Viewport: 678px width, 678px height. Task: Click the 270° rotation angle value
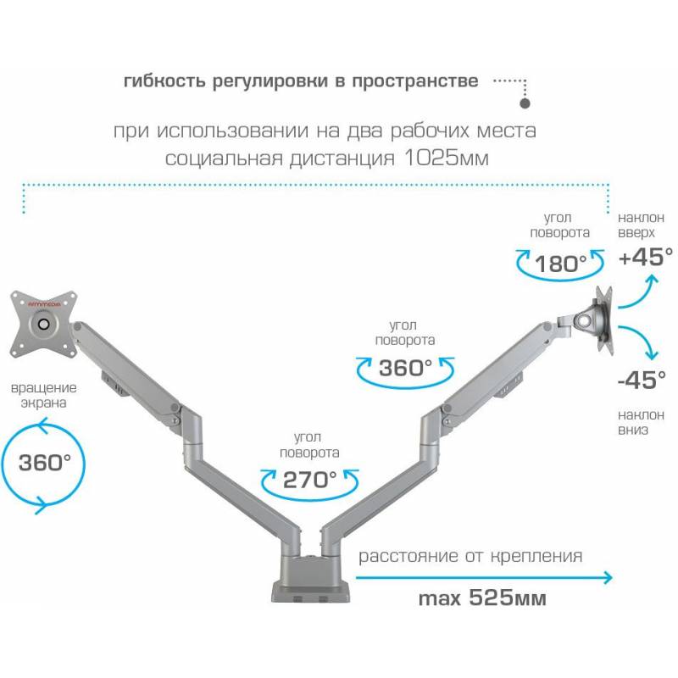pyautogui.click(x=309, y=480)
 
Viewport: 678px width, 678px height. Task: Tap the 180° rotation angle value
pyautogui.click(x=560, y=264)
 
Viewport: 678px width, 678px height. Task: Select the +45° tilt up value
pyautogui.click(x=646, y=257)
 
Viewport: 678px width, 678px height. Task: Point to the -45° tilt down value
pyautogui.click(x=642, y=380)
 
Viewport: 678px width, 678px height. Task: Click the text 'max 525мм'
pyautogui.click(x=482, y=598)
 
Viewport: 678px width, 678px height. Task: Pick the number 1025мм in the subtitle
pyautogui.click(x=447, y=158)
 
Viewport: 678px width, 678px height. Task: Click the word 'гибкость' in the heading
pyautogui.click(x=164, y=81)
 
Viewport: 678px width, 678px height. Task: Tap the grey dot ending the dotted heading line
pyautogui.click(x=525, y=103)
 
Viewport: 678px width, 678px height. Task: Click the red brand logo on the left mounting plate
pyautogui.click(x=44, y=304)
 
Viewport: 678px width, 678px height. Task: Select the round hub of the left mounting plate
pyautogui.click(x=44, y=324)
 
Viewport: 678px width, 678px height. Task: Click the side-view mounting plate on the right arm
pyautogui.click(x=604, y=320)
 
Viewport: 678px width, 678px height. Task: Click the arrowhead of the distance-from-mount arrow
pyautogui.click(x=609, y=577)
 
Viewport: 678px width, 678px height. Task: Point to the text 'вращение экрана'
pyautogui.click(x=44, y=395)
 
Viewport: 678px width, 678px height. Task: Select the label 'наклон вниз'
pyautogui.click(x=641, y=422)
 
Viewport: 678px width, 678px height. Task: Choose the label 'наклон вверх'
pyautogui.click(x=641, y=225)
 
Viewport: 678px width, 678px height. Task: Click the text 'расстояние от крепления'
pyautogui.click(x=470, y=556)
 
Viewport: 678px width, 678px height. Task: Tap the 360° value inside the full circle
pyautogui.click(x=45, y=462)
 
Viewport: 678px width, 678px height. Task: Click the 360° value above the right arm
pyautogui.click(x=405, y=368)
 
